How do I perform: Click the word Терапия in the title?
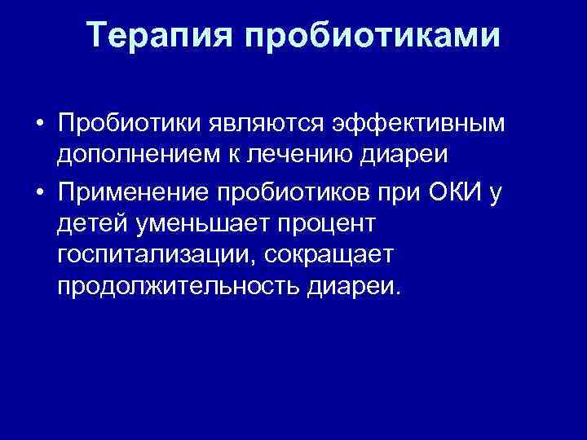(x=156, y=35)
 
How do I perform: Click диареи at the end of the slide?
(x=365, y=287)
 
